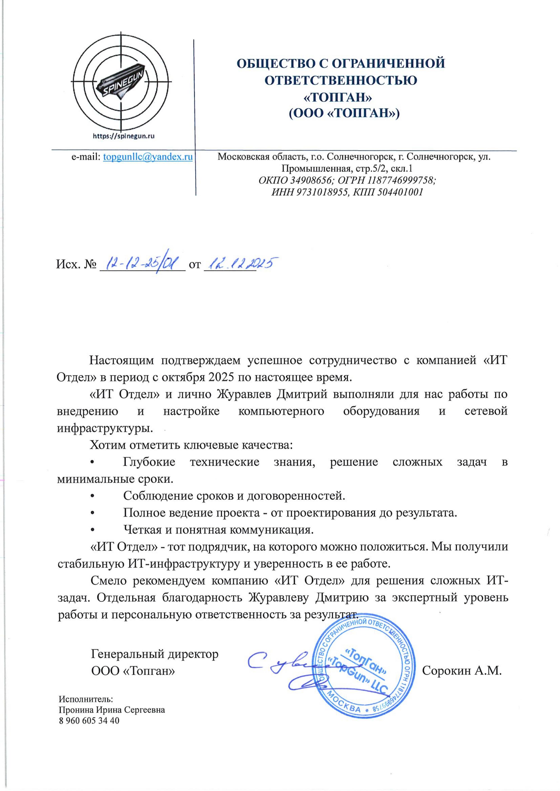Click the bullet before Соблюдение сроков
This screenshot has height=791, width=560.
coord(92,496)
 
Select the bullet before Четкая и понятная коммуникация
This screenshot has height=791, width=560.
coord(92,530)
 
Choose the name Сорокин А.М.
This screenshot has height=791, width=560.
coord(461,671)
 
